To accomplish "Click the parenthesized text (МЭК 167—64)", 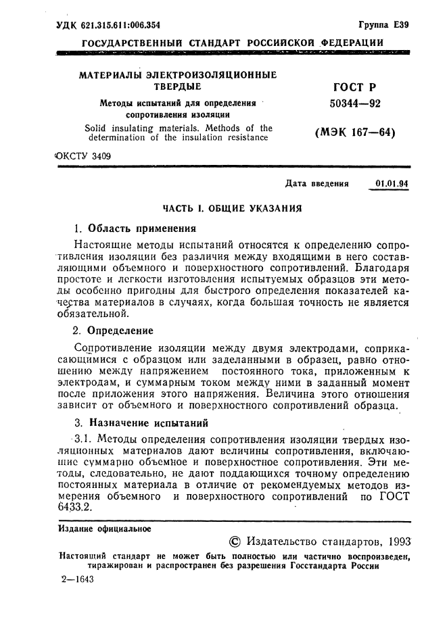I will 355,132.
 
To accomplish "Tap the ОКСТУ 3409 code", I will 82,156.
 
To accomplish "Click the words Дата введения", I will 317,183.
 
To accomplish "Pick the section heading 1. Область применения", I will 134,228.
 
